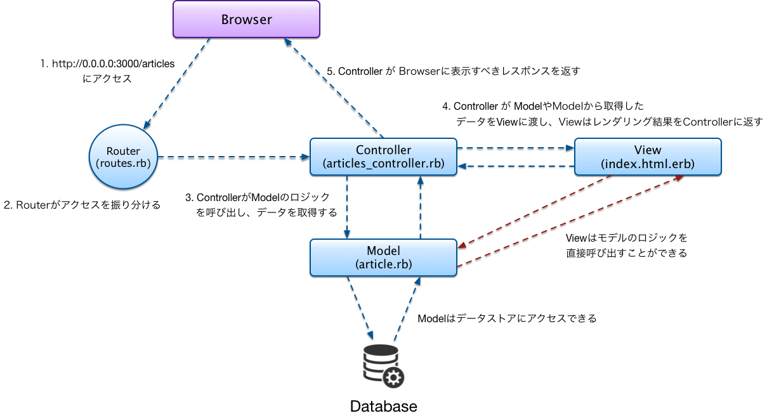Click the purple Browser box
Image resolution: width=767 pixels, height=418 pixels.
246,19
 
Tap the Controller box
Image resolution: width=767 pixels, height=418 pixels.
383,157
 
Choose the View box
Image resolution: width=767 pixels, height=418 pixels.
647,157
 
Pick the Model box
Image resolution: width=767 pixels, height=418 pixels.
383,257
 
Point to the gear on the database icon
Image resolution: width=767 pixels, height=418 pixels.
394,378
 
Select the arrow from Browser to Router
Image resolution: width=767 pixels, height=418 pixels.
176,82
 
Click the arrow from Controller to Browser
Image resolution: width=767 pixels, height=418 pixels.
334,88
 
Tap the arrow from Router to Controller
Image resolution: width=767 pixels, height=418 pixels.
233,156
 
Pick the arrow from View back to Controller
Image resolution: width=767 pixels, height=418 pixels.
515,166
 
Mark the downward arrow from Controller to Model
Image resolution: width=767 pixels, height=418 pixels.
346,207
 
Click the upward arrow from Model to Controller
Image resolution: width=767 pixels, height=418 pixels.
419,207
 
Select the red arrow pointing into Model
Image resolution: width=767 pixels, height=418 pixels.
535,211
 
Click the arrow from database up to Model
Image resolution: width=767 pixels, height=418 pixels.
405,308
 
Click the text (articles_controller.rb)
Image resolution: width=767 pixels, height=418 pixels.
383,164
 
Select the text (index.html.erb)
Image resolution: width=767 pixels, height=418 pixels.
647,164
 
